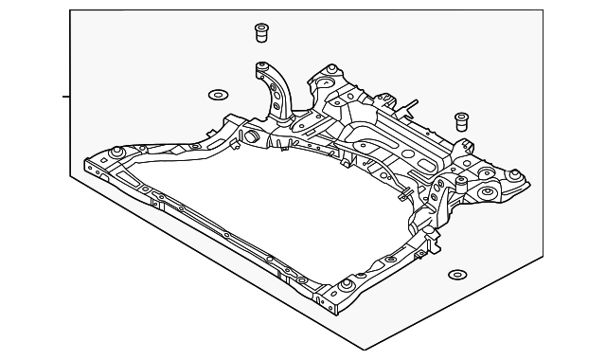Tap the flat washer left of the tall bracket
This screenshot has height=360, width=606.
217,95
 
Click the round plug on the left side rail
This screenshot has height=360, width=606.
253,137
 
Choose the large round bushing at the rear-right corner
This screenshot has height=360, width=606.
489,193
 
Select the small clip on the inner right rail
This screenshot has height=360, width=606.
403,196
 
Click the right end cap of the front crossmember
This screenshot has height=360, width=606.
330,303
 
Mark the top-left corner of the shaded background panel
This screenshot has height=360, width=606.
72,10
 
